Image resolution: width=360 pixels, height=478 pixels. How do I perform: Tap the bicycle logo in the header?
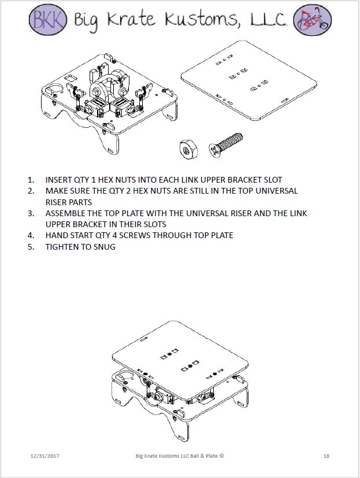(312, 19)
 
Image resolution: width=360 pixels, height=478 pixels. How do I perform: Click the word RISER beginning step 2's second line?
(57, 202)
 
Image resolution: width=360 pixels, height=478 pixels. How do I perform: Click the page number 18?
(326, 457)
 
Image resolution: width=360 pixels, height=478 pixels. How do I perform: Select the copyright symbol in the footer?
(221, 456)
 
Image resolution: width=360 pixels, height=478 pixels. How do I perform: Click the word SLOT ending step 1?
(272, 180)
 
